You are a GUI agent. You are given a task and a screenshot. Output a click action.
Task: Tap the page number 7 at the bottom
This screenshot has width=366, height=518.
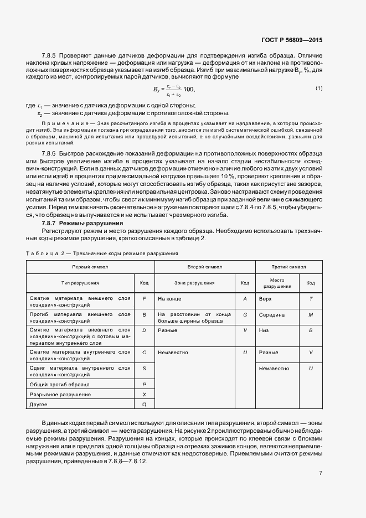click(321, 473)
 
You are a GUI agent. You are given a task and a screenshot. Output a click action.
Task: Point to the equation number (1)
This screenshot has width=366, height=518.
click(319, 89)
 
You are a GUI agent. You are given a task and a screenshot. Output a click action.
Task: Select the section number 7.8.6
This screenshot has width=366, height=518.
click(51, 152)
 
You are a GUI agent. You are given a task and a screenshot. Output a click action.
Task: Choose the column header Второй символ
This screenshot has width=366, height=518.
click(204, 267)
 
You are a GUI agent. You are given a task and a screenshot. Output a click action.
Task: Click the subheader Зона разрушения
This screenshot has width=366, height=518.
click(194, 283)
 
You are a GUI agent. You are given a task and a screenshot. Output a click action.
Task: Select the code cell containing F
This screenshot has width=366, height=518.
click(144, 299)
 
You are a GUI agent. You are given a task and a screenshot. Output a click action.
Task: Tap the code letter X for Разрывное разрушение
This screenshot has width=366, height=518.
click(144, 394)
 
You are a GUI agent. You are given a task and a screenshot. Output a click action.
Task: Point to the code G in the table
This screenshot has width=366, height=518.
click(245, 315)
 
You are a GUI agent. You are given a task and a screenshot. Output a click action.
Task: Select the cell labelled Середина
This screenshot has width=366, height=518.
click(271, 315)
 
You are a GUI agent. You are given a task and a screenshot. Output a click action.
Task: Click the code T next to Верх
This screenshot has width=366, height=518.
click(311, 299)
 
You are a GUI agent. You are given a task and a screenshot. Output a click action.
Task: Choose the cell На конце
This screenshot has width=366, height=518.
click(169, 299)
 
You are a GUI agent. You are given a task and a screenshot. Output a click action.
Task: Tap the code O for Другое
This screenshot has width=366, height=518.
click(144, 405)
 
